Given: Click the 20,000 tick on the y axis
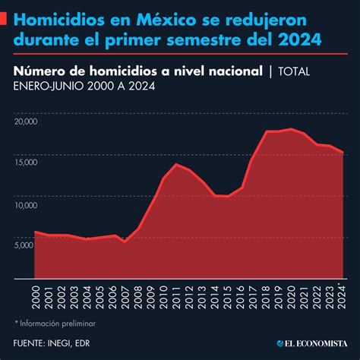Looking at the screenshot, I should click(24, 120).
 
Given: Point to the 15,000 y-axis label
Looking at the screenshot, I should click(24, 162).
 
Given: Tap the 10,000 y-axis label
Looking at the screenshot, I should click(24, 204).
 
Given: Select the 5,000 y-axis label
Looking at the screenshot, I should click(24, 245).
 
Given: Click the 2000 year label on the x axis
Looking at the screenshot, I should click(36, 296).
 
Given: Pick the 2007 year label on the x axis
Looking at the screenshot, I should click(125, 296).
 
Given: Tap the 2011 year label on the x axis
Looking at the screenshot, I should click(175, 296).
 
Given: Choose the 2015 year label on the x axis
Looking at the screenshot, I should click(227, 296).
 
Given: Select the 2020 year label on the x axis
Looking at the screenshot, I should click(291, 296).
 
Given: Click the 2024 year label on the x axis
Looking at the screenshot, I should click(342, 296).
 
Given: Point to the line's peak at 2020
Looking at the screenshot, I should click(291, 128).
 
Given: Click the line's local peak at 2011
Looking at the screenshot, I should click(175, 164).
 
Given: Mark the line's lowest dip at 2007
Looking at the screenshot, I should click(125, 242).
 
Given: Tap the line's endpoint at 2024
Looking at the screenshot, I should click(342, 152).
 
